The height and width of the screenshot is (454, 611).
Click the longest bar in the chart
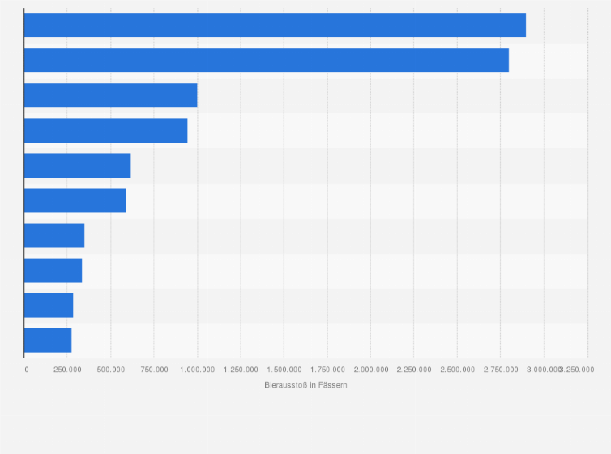click(x=275, y=25)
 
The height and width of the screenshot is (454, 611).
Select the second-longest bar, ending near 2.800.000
click(x=267, y=60)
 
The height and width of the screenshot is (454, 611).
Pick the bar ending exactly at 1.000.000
click(x=110, y=95)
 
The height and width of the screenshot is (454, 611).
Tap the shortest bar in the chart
click(x=48, y=340)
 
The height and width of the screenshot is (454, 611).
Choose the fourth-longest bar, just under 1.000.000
click(x=105, y=131)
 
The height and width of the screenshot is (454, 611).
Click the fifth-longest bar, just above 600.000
click(x=77, y=165)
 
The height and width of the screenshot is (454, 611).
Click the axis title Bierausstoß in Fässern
click(x=305, y=385)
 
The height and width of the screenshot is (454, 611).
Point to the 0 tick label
click(x=27, y=370)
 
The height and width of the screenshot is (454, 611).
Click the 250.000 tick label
click(x=67, y=370)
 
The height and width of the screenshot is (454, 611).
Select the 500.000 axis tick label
click(x=111, y=370)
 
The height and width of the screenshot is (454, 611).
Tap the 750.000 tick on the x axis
click(x=154, y=370)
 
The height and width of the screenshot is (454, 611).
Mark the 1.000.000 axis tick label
click(x=197, y=370)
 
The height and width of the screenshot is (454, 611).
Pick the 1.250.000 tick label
click(x=241, y=370)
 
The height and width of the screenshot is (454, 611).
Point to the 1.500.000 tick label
click(x=284, y=370)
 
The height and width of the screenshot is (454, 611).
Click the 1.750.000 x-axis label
click(x=327, y=370)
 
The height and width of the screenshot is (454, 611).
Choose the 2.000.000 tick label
click(x=370, y=370)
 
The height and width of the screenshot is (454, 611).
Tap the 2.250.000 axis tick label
click(x=414, y=370)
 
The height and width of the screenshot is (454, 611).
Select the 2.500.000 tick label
click(x=457, y=370)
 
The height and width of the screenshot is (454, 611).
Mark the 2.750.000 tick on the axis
click(x=501, y=370)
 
